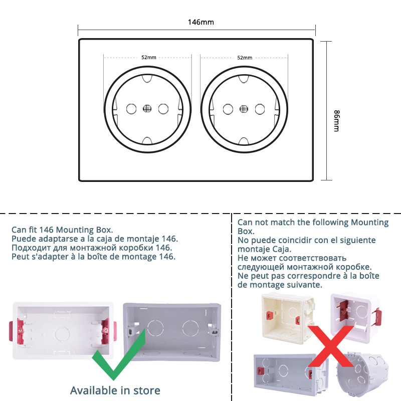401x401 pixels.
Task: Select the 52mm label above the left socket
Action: [148, 58]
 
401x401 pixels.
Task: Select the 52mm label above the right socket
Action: [244, 58]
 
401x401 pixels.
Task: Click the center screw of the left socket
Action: [147, 108]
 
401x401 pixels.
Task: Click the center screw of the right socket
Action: [244, 108]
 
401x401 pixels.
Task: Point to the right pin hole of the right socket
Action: [260, 108]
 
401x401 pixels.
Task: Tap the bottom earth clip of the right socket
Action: [244, 140]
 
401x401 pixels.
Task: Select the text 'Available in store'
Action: [115, 390]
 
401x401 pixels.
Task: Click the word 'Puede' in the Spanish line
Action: [24, 239]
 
